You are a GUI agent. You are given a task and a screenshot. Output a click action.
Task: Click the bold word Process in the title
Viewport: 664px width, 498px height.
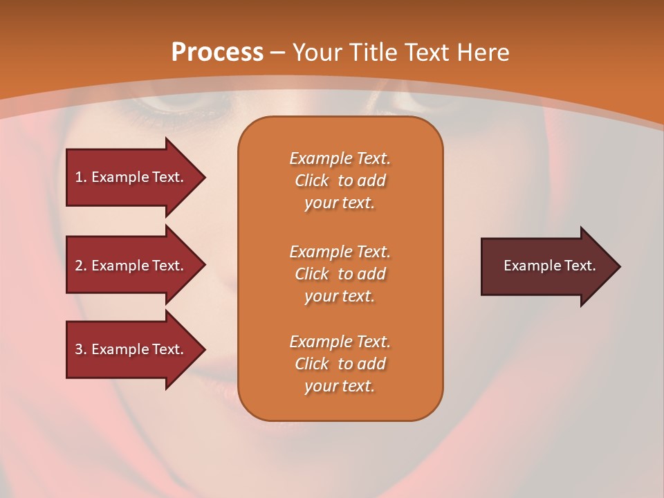coord(217,53)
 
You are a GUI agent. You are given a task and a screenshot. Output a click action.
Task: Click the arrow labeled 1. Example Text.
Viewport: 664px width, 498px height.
coord(131,177)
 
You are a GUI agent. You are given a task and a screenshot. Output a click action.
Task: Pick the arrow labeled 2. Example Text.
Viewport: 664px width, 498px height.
coord(131,266)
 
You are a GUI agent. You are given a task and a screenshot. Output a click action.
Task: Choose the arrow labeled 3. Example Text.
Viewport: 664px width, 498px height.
coord(131,349)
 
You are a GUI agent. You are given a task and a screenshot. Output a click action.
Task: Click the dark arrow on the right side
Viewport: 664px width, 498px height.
coord(546,266)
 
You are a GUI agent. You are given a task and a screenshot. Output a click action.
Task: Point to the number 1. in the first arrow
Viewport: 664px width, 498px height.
coord(81,177)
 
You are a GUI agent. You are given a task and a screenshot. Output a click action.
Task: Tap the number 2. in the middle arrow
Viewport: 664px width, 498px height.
coord(81,266)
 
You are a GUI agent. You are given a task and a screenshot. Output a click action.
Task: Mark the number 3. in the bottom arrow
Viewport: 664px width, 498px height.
coord(81,349)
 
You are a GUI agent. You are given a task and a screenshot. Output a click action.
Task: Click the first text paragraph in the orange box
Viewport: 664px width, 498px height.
coord(340,181)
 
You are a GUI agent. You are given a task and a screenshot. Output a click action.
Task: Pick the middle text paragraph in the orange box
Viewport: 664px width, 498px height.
coord(340,274)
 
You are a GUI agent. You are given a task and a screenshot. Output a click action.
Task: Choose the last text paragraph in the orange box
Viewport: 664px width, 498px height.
coord(340,364)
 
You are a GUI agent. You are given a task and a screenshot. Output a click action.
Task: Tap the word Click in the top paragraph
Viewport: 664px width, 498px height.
coord(312,181)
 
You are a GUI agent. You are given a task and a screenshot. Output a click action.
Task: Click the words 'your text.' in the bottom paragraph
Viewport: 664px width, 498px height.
coord(340,386)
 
